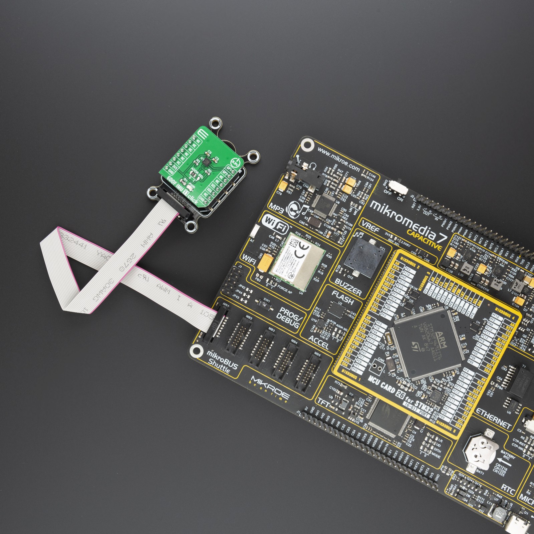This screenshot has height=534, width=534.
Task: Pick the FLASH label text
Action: pos(342,298)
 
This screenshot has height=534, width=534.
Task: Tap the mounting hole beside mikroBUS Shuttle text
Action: pos(196,350)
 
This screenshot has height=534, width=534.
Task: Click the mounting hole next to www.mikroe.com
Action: pos(307,145)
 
